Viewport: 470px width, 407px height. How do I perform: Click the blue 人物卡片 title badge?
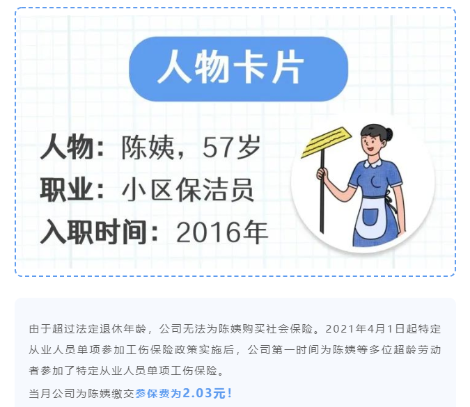pos(238,69)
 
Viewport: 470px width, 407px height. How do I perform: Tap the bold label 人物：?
pos(72,147)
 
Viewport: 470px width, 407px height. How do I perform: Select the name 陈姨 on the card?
pos(148,147)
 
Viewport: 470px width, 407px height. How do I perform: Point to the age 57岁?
pos(231,147)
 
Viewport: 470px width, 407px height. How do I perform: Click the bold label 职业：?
pos(72,189)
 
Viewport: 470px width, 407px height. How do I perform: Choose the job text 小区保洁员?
pos(188,190)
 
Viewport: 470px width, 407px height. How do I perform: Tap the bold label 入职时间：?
pos(99,232)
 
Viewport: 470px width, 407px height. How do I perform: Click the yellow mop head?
pos(326,142)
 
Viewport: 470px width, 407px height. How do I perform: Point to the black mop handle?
pos(322,191)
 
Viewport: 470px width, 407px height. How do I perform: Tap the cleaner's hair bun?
pos(389,134)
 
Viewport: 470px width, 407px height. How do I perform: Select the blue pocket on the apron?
pos(370,217)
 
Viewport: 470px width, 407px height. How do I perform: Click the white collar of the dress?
pos(373,163)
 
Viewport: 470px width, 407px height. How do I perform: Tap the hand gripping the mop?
pos(322,174)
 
